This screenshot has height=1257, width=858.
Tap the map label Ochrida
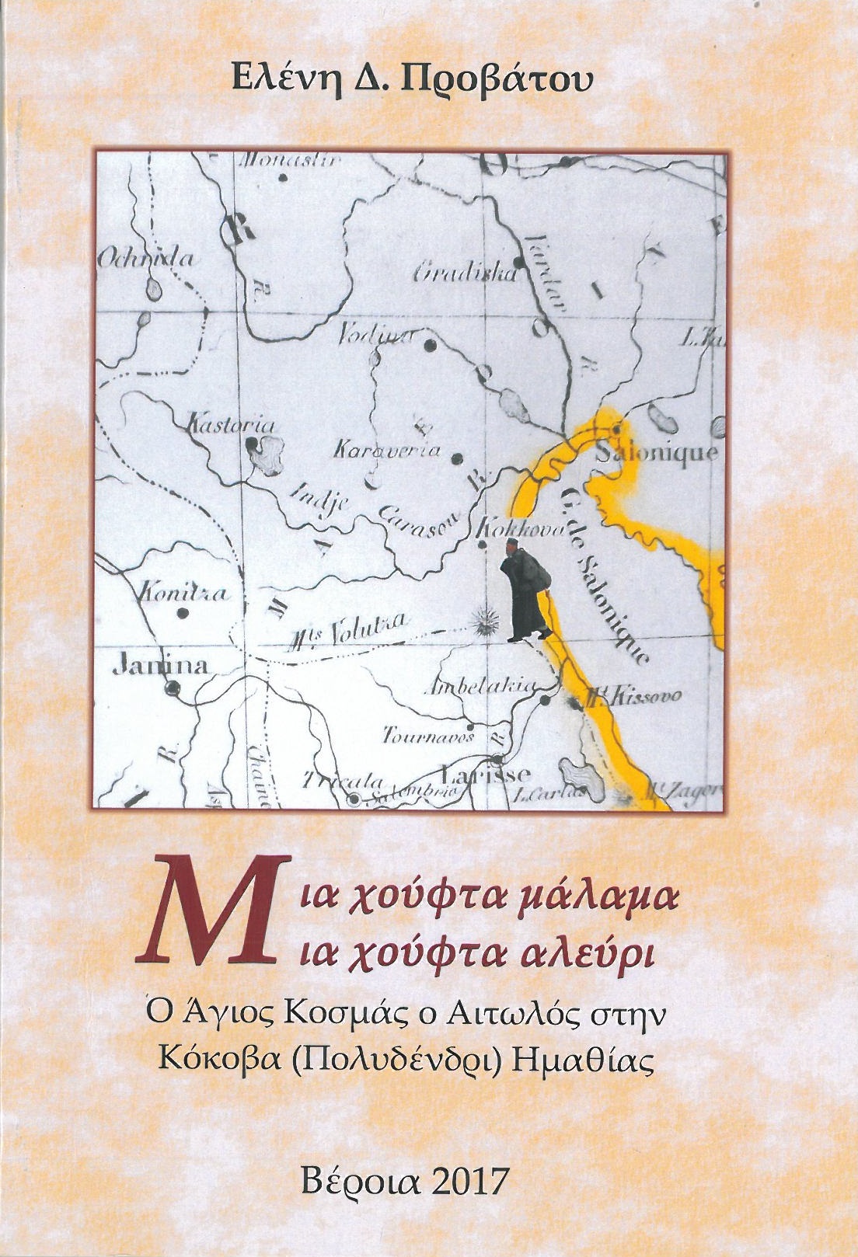coord(146,259)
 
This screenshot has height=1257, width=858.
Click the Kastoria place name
coord(232,425)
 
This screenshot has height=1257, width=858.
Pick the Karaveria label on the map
coord(386,450)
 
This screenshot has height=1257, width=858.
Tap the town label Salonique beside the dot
coord(657,453)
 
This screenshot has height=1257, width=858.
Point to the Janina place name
coord(161,665)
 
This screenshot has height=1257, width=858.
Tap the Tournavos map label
coord(427,735)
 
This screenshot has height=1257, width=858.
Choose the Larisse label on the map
coord(486,773)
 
